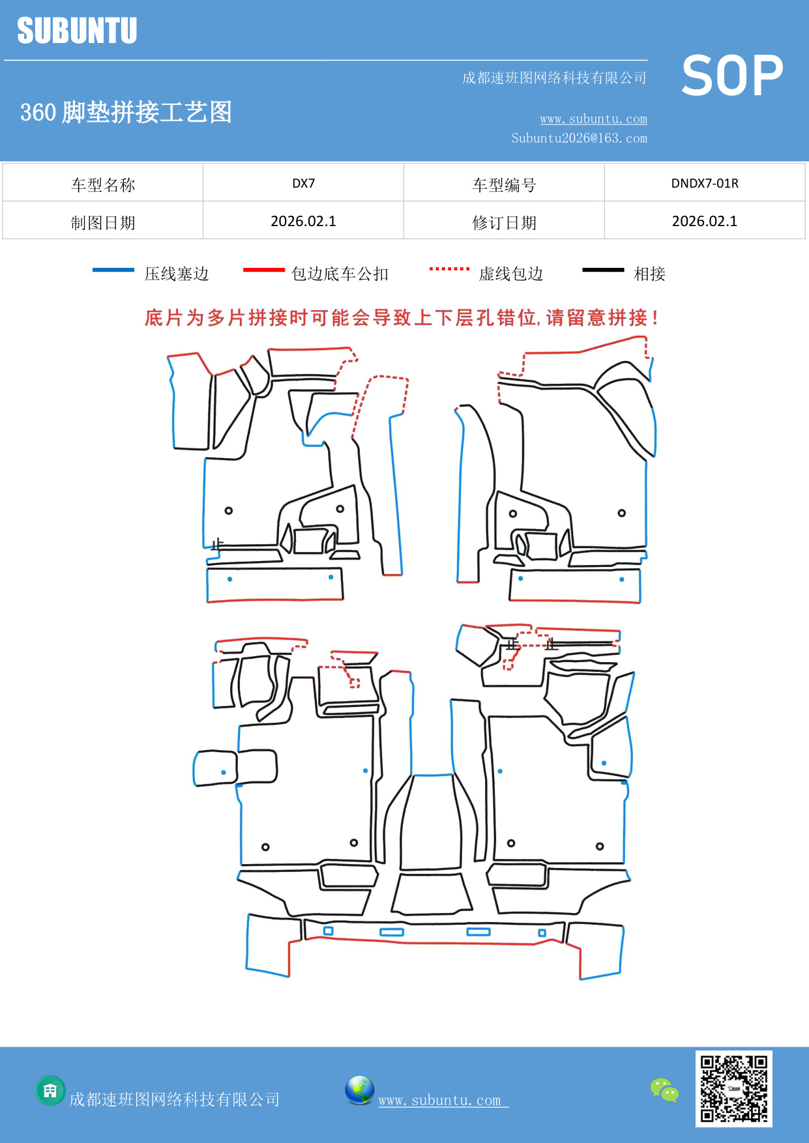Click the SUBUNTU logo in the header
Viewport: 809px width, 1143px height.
(x=77, y=31)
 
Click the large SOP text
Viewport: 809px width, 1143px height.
(x=732, y=76)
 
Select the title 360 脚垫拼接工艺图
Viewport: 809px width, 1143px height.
(x=126, y=112)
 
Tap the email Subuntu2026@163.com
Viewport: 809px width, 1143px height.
(x=579, y=138)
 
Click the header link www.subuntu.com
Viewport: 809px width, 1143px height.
(x=593, y=119)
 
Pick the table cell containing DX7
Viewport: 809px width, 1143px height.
(x=303, y=183)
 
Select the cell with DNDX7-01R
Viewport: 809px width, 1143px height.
(x=705, y=183)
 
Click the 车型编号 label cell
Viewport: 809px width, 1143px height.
(x=504, y=185)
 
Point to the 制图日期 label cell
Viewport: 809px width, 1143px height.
(x=103, y=223)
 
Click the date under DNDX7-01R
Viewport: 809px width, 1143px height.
(x=705, y=222)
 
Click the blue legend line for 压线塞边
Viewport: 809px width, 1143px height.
(x=113, y=270)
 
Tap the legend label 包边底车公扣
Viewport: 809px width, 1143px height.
(x=340, y=274)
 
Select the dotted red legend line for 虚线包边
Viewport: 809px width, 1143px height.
(x=449, y=268)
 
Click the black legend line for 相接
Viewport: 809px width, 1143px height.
(x=603, y=270)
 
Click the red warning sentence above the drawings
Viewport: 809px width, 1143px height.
(x=402, y=318)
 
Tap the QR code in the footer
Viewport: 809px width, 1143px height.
(x=733, y=1089)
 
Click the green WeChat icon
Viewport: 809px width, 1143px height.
(x=664, y=1090)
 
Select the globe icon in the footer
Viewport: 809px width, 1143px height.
(x=359, y=1090)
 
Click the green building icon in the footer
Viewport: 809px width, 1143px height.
(x=50, y=1091)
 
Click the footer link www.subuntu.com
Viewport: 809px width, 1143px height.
(x=440, y=1100)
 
